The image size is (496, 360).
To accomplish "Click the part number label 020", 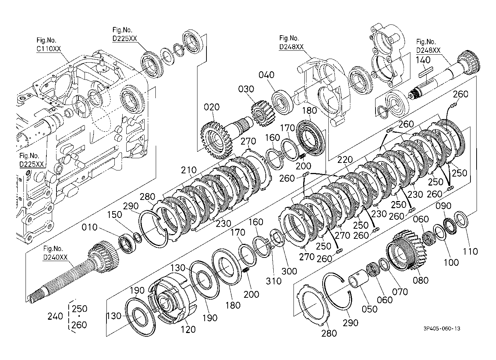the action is point(212,107).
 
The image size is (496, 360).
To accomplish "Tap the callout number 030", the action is point(246,89).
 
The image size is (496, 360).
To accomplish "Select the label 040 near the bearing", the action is point(267,75).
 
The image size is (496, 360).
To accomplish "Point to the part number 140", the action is point(423,60).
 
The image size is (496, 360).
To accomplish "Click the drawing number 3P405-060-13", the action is point(442,328).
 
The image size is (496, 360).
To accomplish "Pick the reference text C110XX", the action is point(49,49).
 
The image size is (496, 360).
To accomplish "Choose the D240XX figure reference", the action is point(55,257).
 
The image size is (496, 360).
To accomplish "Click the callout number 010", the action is point(90,227).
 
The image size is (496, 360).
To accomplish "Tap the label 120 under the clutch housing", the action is point(188,330).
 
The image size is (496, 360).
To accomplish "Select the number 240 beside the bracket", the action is point(55,316).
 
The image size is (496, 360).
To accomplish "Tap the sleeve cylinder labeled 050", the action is point(359,278).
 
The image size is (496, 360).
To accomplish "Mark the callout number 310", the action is point(273,281).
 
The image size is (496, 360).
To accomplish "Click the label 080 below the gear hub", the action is point(420,280).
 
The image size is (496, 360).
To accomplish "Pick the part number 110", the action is point(470,251).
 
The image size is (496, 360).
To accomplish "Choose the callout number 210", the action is point(189,170).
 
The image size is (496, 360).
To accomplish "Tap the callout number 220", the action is point(345,159).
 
